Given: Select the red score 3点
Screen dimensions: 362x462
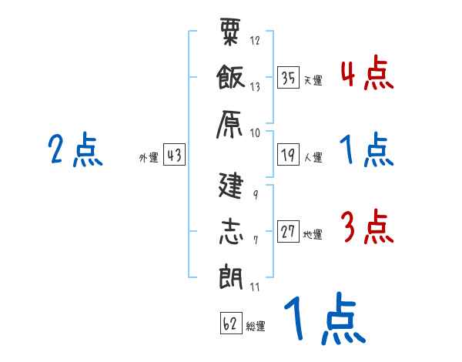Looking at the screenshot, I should coord(367,229).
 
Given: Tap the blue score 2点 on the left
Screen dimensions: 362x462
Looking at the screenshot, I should coord(75,152).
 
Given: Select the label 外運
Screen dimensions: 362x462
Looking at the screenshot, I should coord(149,158).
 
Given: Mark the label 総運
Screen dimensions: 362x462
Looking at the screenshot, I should coord(256,327).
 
